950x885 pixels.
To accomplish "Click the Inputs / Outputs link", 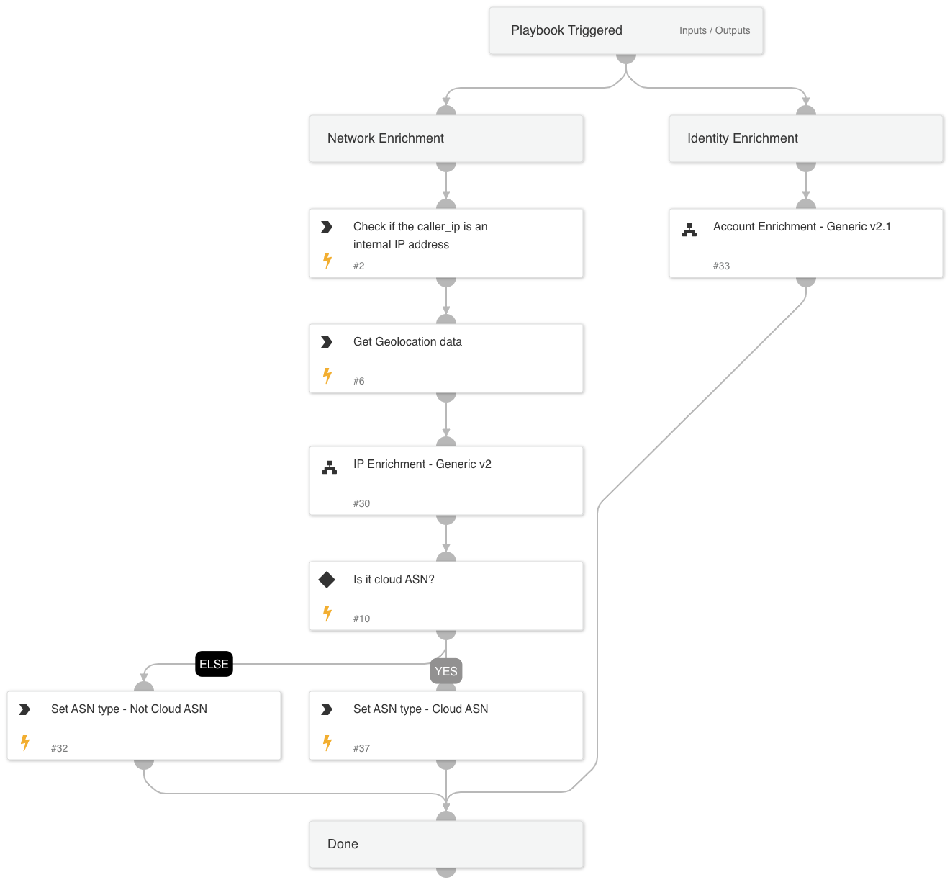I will tap(714, 30).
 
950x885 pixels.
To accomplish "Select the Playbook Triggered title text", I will tap(566, 30).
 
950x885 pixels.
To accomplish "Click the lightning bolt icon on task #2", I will tap(327, 260).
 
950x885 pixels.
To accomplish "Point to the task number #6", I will tap(358, 381).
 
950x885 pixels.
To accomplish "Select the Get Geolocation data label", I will tap(407, 342).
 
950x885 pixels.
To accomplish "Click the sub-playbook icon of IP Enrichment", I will tap(330, 467).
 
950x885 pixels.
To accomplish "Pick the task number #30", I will tap(361, 503).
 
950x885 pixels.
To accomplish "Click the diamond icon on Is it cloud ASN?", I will tap(327, 580).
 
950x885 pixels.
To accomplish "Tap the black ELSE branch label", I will tap(214, 664).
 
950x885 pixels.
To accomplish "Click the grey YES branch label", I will tap(446, 671).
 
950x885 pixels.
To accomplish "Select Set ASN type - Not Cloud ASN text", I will tap(129, 709).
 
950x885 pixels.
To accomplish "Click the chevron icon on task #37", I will tap(327, 709).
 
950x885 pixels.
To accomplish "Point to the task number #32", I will tap(59, 748).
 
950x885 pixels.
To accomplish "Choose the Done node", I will tap(446, 844).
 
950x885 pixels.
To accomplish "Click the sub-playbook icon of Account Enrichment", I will tap(689, 230).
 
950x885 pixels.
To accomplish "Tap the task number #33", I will tap(721, 266).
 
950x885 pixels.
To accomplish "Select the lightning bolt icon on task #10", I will tap(327, 613).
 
